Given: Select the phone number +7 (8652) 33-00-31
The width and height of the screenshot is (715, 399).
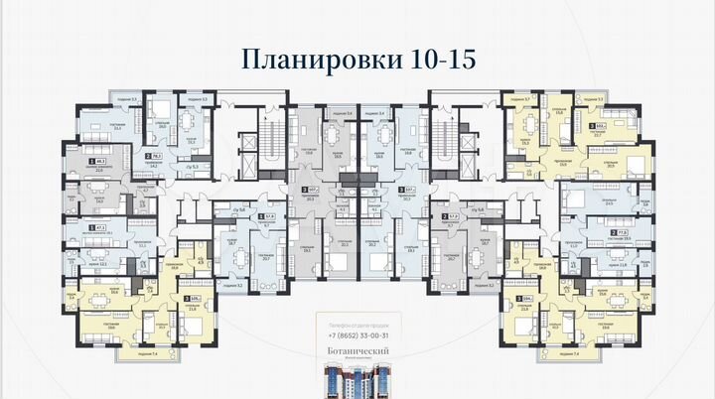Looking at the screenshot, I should (358, 336).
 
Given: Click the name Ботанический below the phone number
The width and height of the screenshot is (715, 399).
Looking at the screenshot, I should (358, 350).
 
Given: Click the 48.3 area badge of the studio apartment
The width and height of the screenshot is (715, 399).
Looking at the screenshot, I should (98, 161).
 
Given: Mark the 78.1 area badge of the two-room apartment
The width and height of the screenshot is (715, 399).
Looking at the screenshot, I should (154, 158).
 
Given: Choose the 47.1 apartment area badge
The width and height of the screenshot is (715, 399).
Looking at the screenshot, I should (99, 226).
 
